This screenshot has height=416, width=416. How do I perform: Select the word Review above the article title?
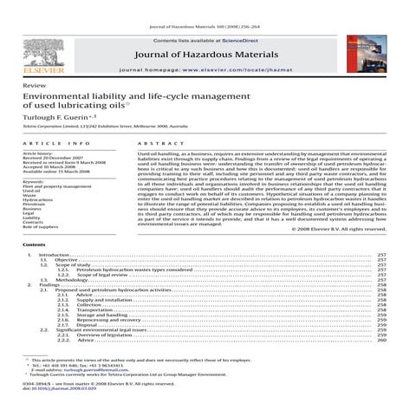(x=36, y=88)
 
